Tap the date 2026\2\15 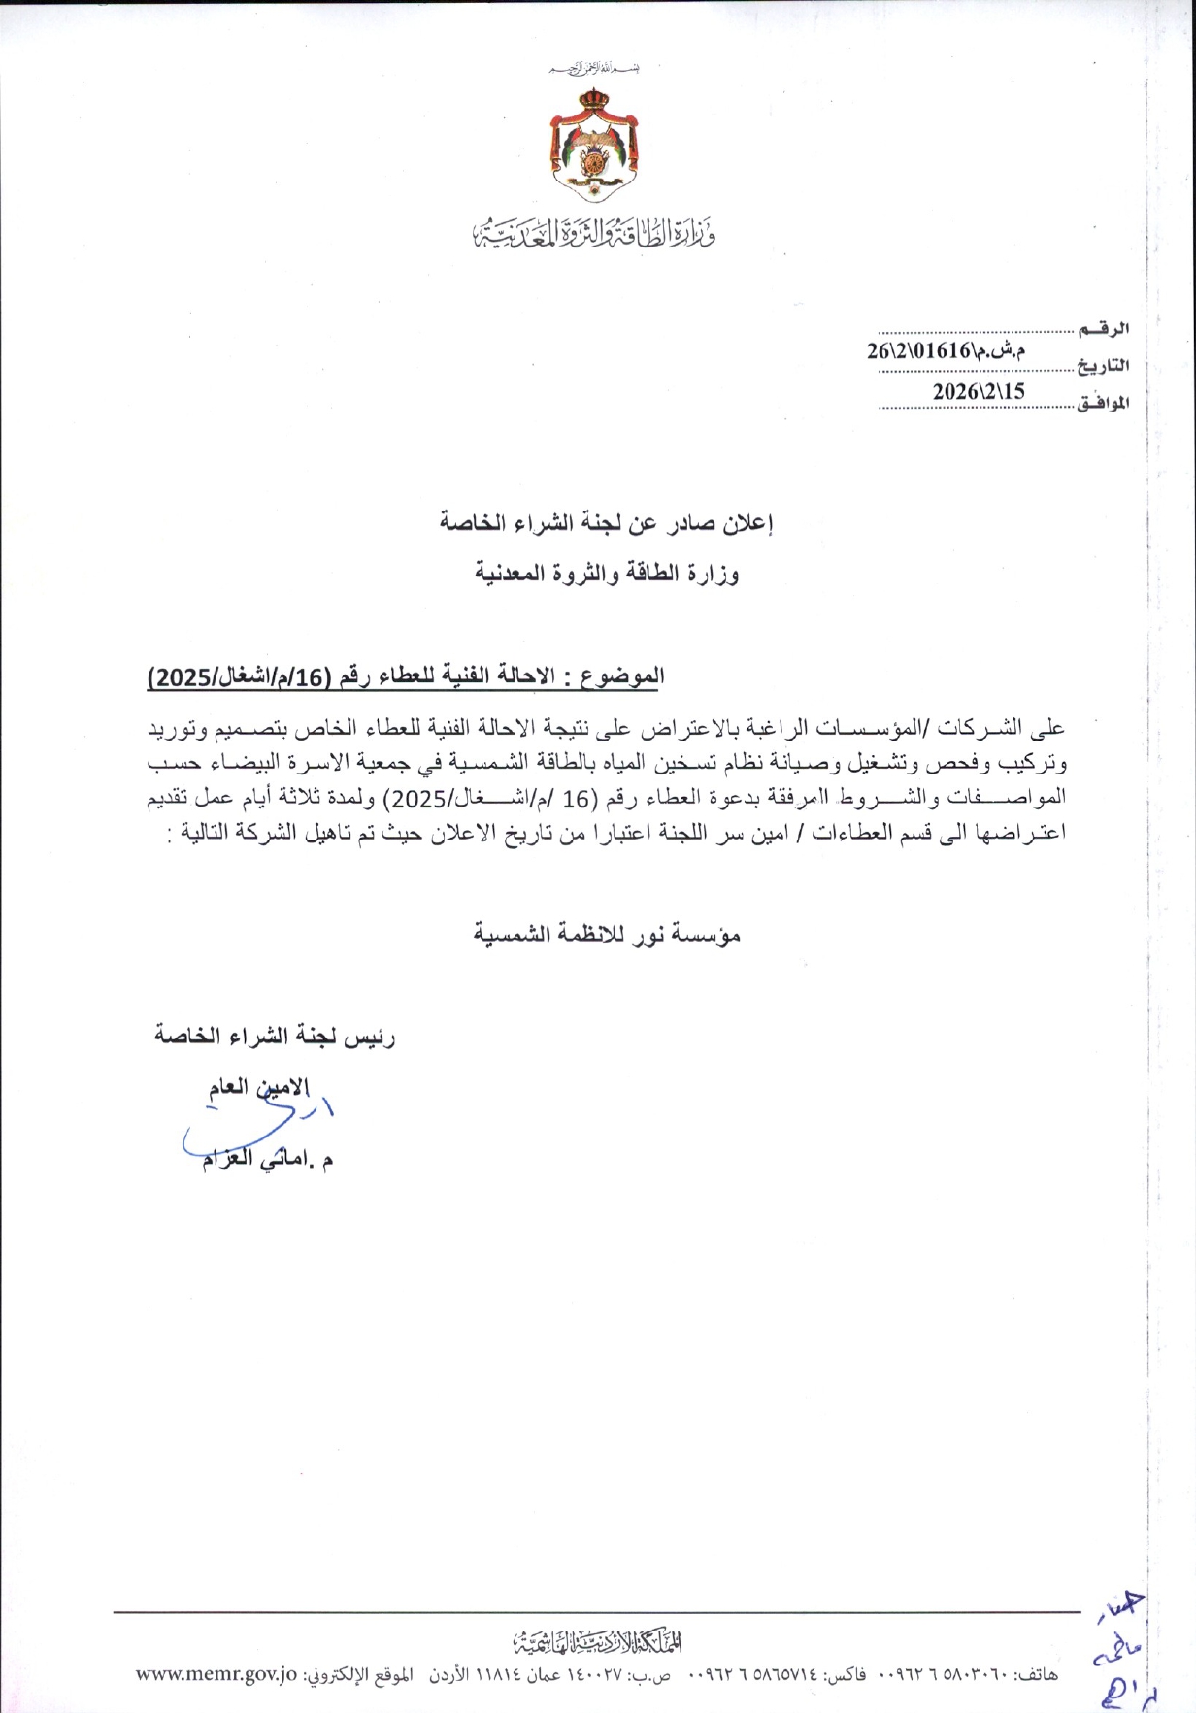(x=979, y=390)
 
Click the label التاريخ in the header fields (x=1105, y=366)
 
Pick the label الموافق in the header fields (x=1104, y=402)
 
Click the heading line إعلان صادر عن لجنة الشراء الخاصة (x=605, y=524)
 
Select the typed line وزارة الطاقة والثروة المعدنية (x=607, y=575)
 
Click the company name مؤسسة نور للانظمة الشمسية (x=607, y=935)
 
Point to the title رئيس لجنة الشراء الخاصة (x=275, y=1037)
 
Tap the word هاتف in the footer (x=1038, y=1674)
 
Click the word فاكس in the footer (x=845, y=1674)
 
